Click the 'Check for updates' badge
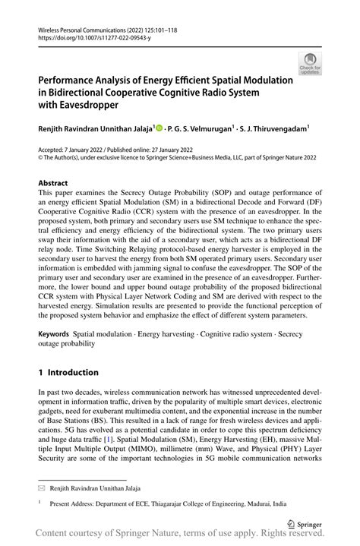[310, 64]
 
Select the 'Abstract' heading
[52, 184]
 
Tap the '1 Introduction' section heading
[68, 372]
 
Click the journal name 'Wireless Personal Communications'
[82, 26]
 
